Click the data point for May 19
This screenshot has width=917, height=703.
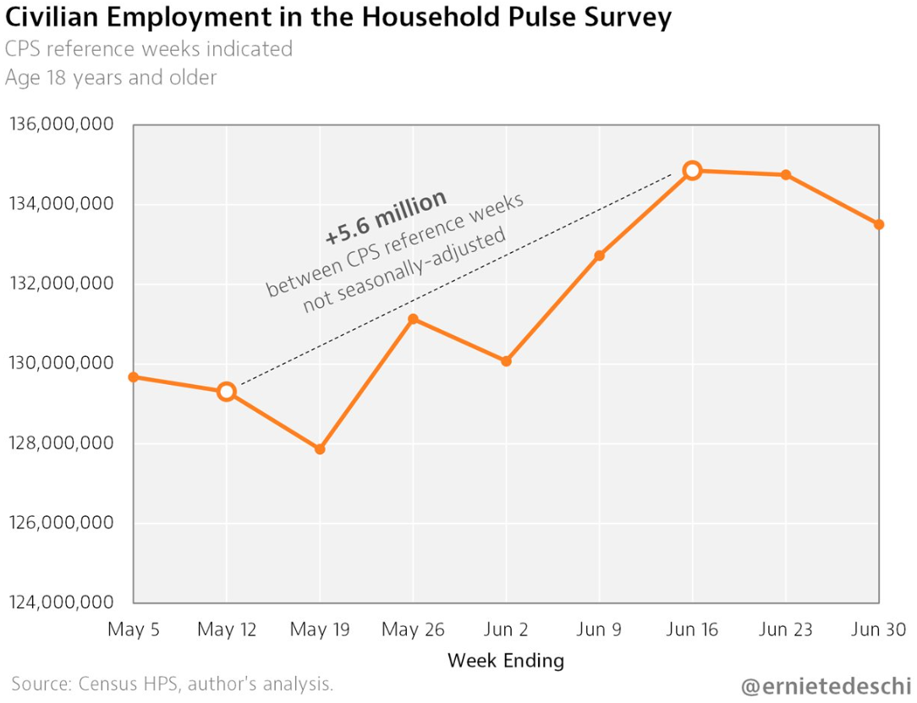(320, 449)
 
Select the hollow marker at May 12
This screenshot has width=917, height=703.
(226, 392)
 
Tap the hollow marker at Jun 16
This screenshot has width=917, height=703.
(692, 170)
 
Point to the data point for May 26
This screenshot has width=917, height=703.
(413, 319)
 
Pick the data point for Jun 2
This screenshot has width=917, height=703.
(506, 361)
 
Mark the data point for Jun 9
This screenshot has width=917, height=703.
(599, 255)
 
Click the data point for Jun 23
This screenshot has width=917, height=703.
(786, 175)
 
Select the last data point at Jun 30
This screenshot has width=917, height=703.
(879, 224)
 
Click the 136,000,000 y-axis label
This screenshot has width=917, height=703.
(61, 125)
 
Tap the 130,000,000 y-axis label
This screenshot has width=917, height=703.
(61, 364)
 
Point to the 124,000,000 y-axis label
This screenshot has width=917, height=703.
(61, 602)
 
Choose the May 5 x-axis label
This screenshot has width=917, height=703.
(134, 629)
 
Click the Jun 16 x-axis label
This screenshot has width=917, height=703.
(692, 629)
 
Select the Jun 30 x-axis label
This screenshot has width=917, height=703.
(879, 629)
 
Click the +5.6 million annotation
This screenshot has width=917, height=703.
(386, 217)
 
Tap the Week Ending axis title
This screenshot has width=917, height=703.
(506, 660)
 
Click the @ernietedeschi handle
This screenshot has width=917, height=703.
(825, 686)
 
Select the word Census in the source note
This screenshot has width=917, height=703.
(107, 684)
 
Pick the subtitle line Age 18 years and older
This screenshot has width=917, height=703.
(111, 78)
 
